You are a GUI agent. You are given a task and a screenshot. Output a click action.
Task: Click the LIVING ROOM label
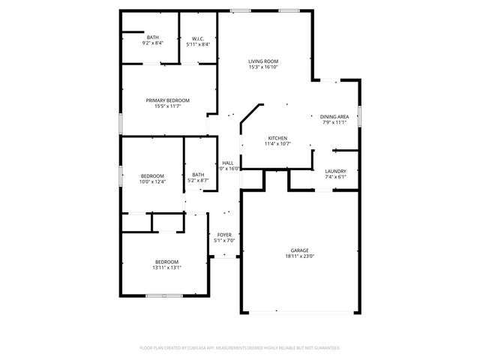coord(263,61)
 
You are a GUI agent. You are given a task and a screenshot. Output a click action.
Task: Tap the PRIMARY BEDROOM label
coord(167,100)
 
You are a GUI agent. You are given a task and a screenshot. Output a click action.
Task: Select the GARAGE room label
coord(300,250)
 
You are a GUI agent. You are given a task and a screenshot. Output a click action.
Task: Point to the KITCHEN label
coord(278,138)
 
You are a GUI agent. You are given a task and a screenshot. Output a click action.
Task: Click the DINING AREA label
coord(334,116)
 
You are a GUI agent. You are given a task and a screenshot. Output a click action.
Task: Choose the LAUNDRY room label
coord(335,171)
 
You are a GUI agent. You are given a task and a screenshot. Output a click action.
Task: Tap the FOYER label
coord(225,235)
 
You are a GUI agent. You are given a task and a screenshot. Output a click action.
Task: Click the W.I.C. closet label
coord(198,39)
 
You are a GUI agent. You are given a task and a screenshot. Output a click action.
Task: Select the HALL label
coord(227,163)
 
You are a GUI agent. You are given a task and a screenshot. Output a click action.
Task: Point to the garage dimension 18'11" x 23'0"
coord(300,256)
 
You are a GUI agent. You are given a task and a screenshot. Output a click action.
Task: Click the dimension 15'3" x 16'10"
coord(263,67)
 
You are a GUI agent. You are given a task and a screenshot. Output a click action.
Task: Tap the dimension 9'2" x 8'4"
coord(153,43)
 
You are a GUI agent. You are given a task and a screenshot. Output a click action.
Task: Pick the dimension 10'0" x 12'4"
coord(151,181)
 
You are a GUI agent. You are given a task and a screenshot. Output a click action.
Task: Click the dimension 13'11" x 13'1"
coord(167,267)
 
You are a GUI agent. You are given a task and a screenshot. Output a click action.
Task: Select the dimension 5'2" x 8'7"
coord(198,180)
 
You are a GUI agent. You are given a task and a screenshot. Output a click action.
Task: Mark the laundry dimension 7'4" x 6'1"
coord(335,177)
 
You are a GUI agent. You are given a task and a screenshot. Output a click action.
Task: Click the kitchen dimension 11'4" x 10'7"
coord(278,144)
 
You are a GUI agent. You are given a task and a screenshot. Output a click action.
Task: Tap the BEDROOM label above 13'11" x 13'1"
coord(167,261)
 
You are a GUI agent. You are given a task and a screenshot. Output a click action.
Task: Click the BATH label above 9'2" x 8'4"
coord(153,37)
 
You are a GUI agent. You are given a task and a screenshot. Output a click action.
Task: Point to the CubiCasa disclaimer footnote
coord(240,348)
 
